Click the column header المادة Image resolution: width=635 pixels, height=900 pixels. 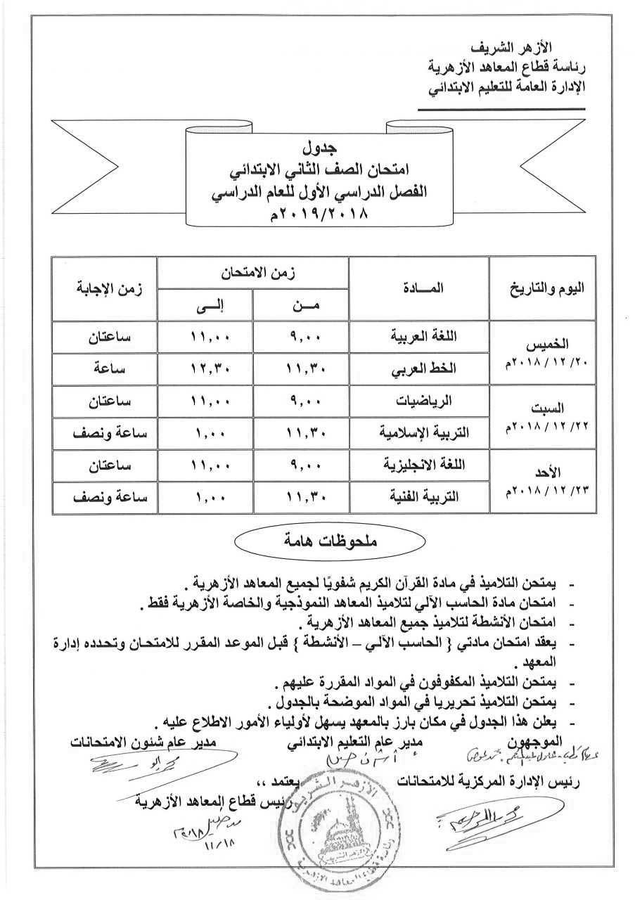tap(419, 288)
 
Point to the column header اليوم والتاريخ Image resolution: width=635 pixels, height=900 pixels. tap(541, 289)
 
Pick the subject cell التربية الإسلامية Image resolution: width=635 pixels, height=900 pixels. tap(419, 434)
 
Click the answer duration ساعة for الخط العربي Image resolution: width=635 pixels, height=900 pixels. tap(110, 369)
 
